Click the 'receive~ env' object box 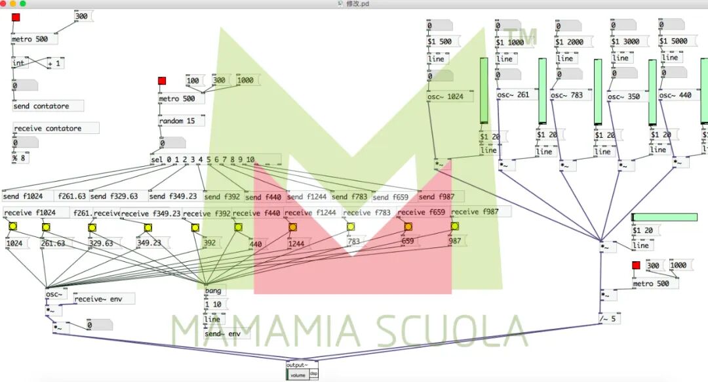pos(104,299)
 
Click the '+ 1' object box pos(56,63)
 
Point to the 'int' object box pos(20,63)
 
